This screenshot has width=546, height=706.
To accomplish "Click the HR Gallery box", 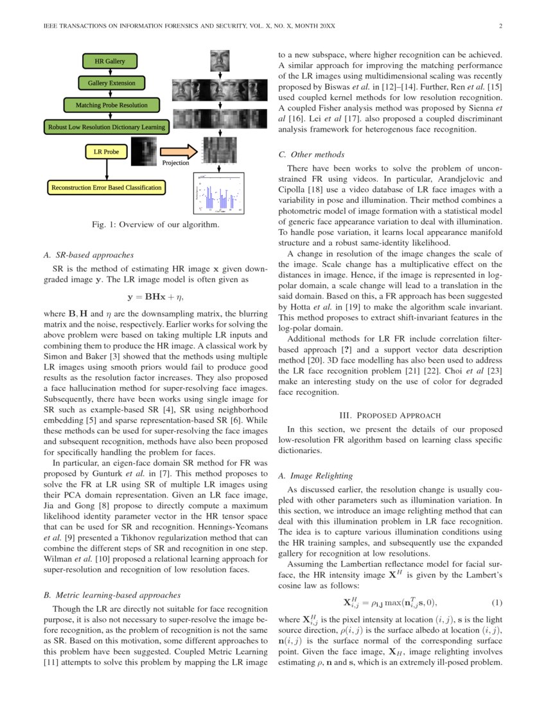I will click(x=110, y=62).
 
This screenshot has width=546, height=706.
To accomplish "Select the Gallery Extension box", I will click(x=110, y=83).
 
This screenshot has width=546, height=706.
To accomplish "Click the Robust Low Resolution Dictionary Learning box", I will click(x=107, y=126).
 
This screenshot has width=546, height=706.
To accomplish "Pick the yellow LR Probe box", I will click(x=107, y=152).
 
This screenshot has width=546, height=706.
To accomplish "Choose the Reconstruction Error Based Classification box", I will click(x=107, y=187).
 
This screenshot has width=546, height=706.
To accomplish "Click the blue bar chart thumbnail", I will click(x=219, y=193).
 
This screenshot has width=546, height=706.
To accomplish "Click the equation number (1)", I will click(x=496, y=602).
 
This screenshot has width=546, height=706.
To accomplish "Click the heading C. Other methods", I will click(x=311, y=154).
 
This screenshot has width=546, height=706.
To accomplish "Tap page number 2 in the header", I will click(x=499, y=26).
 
